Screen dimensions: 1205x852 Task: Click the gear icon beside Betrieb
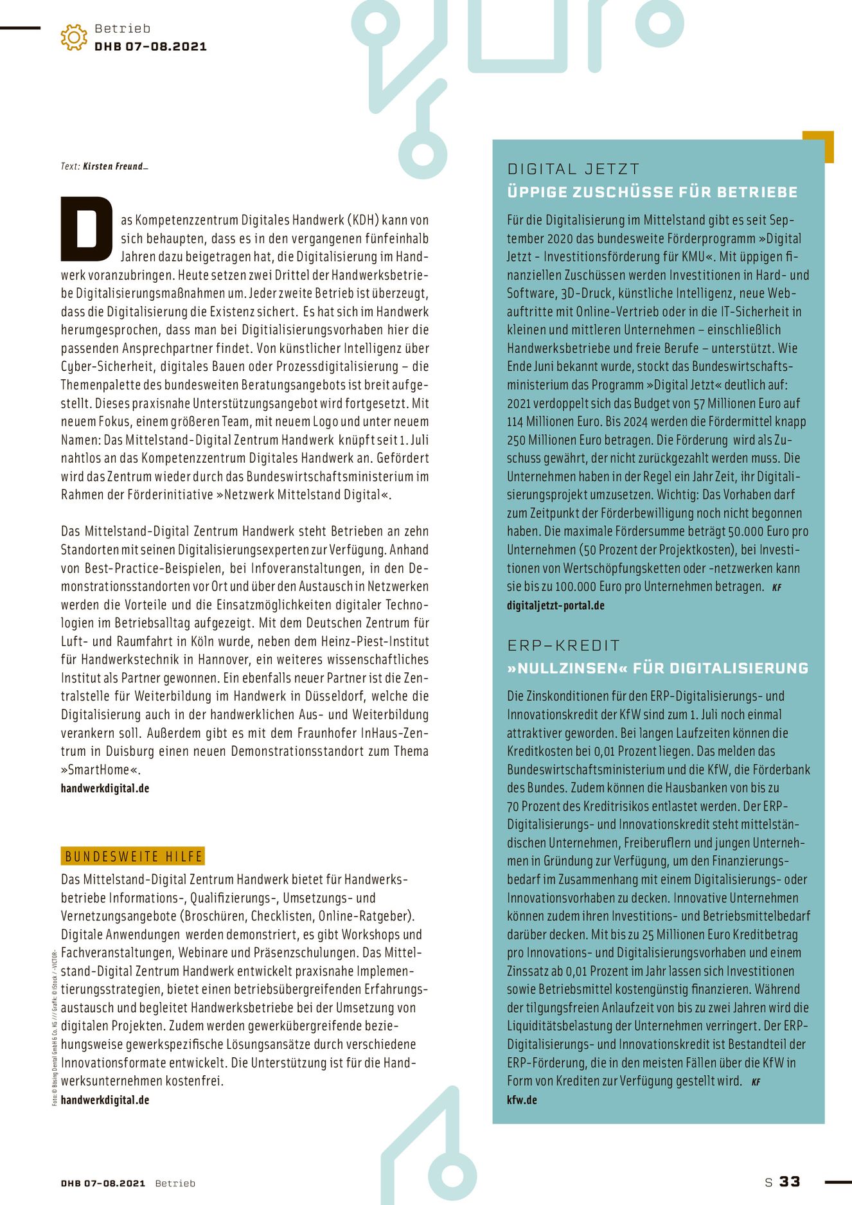74,37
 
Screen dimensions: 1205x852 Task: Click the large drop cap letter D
86,229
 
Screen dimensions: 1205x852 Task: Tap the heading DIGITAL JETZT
573,169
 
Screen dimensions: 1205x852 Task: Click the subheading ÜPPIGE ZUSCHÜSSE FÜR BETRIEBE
652,192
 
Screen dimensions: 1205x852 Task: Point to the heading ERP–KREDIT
564,645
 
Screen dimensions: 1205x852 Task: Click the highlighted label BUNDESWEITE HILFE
134,856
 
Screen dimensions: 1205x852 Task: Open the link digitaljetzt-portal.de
555,605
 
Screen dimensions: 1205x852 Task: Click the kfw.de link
522,1100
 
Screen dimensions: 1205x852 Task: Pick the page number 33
790,1182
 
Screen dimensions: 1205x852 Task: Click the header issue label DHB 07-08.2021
150,46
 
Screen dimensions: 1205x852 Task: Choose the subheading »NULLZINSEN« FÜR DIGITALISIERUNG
657,668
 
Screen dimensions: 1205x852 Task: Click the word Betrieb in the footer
175,1183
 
